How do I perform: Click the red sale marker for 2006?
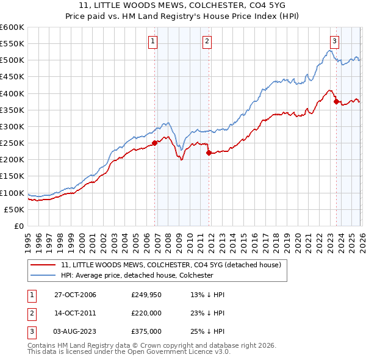[x=155, y=143]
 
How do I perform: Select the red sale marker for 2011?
[x=209, y=153]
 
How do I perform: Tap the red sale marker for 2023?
[x=336, y=102]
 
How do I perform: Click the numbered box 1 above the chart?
[x=152, y=41]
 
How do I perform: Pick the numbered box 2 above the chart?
[x=207, y=41]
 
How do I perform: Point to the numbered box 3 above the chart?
[x=334, y=41]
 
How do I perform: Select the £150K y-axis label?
[x=12, y=176]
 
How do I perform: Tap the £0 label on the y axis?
[x=18, y=226]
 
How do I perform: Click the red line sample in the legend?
[x=43, y=265]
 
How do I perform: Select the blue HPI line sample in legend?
[x=43, y=275]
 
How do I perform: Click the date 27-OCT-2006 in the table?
[x=75, y=295]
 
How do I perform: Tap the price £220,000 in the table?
[x=146, y=313]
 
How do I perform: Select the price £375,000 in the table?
[x=146, y=331]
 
